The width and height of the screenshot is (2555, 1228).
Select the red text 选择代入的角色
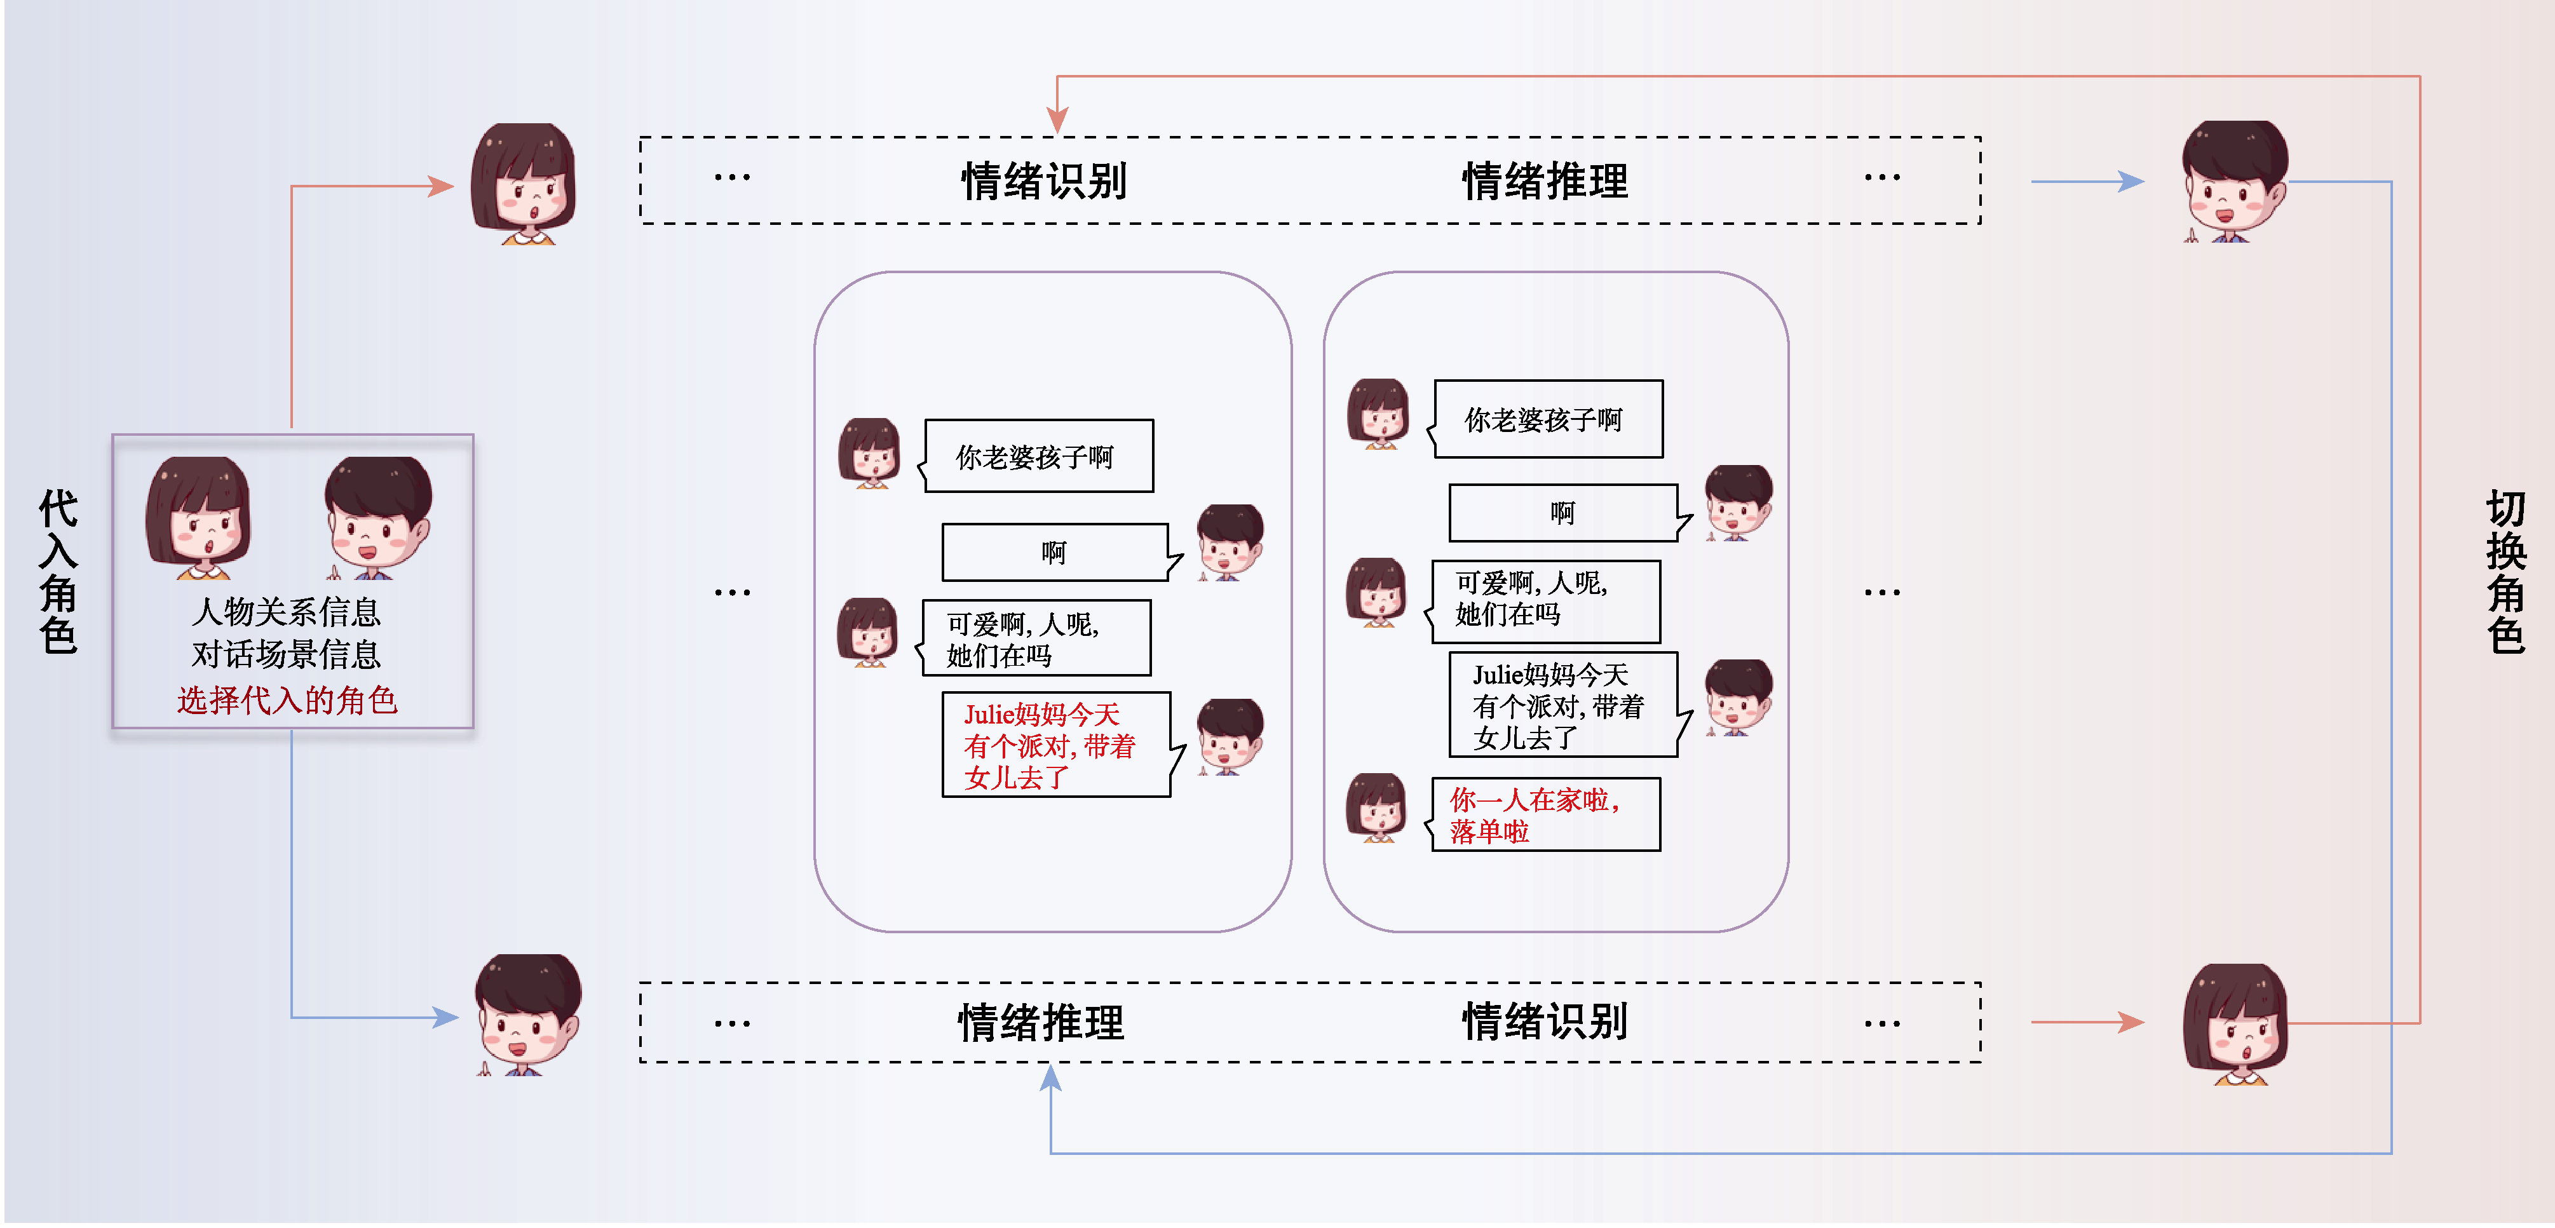coord(287,700)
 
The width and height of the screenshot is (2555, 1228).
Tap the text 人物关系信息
coord(287,612)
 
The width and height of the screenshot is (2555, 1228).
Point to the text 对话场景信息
coord(287,655)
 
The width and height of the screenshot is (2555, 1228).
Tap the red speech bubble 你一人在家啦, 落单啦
coord(1545,814)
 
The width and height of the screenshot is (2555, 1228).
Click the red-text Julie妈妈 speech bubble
coord(1055,745)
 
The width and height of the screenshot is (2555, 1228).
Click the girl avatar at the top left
coord(523,184)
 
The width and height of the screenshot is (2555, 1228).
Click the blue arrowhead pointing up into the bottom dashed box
coord(1050,1079)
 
